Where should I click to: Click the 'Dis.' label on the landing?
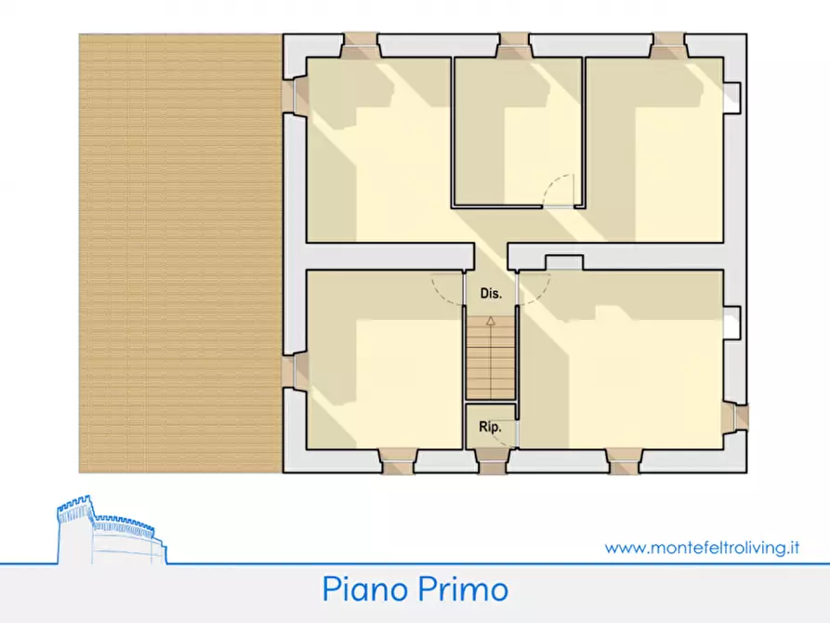[491, 294]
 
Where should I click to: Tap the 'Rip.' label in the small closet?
[490, 429]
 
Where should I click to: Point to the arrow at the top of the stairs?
[491, 321]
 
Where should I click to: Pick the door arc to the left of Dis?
[448, 288]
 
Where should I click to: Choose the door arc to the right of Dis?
[534, 290]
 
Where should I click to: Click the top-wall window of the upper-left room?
[360, 46]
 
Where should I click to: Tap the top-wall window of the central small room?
[514, 46]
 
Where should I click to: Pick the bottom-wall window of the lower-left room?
[397, 460]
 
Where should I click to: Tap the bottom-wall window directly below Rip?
[490, 460]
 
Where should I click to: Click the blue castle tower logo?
[107, 531]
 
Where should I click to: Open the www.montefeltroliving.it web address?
[702, 548]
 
